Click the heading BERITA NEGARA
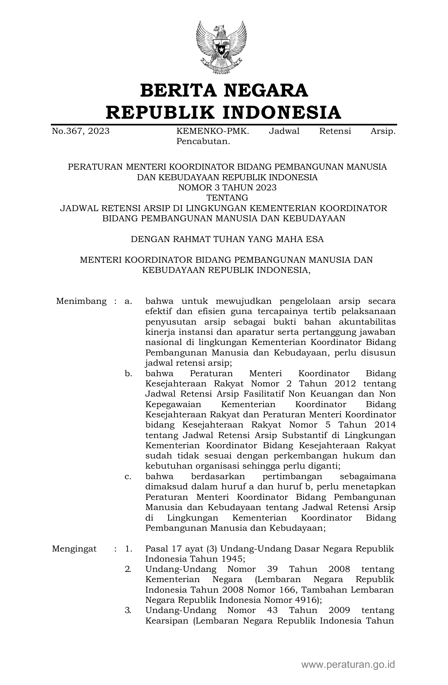point(224,90)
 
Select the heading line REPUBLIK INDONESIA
point(224,112)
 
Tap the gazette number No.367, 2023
point(80,131)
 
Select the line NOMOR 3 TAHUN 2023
point(227,188)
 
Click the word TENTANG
point(227,198)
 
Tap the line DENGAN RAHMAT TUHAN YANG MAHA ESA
point(227,239)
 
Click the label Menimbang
point(81,301)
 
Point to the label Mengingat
point(74,549)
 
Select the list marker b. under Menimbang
point(128,373)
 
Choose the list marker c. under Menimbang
point(128,477)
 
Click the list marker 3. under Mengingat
point(128,610)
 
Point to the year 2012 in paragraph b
point(345,384)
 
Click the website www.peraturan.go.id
point(348,664)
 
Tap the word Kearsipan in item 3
point(167,620)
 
